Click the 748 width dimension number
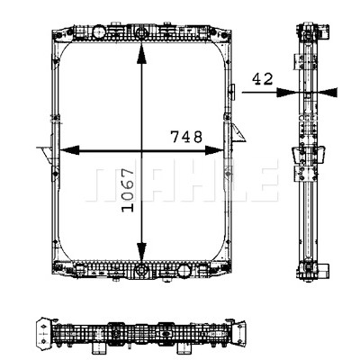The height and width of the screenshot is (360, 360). [186, 137]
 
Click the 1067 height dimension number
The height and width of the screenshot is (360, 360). [128, 190]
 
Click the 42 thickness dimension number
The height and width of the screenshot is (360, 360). [263, 79]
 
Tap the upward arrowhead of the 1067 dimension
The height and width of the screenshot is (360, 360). [141, 53]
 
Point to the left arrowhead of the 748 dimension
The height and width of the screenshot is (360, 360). [70, 150]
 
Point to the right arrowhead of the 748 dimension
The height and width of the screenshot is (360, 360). [213, 150]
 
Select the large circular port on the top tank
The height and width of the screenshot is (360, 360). [98, 31]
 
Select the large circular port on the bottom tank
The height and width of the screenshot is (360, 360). [183, 270]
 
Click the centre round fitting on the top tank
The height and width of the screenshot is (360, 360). [141, 31]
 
